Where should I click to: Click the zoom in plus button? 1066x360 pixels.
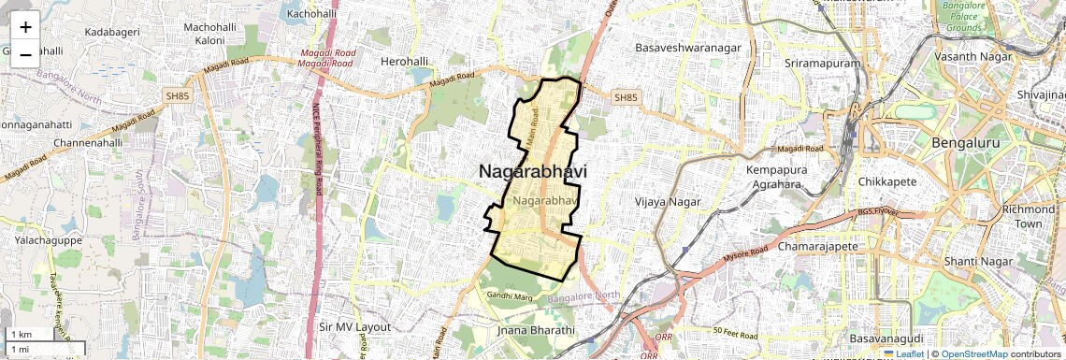click(x=25, y=27)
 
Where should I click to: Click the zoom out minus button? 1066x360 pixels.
click(x=25, y=54)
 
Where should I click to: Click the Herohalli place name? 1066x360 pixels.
click(x=405, y=62)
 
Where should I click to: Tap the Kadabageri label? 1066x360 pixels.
click(x=112, y=32)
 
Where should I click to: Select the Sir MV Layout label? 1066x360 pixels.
click(x=354, y=327)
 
